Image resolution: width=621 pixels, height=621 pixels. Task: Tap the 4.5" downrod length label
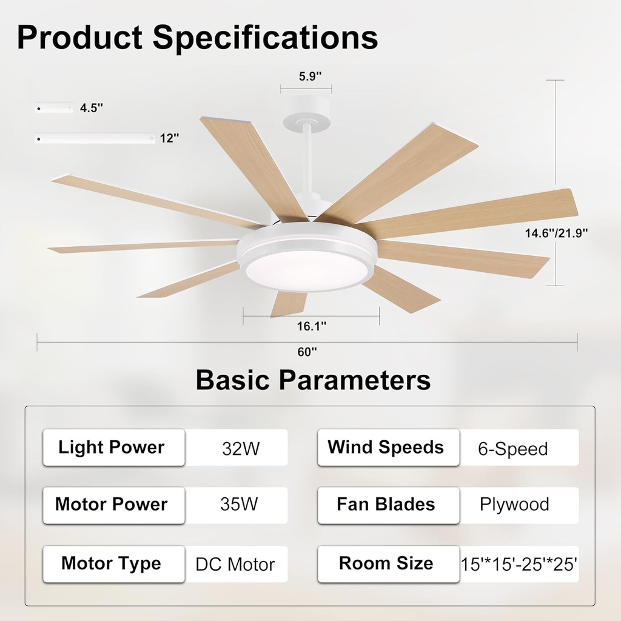pyautogui.click(x=92, y=109)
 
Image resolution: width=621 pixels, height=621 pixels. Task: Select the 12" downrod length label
pyautogui.click(x=170, y=138)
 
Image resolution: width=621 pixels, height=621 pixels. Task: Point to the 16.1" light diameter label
pyautogui.click(x=312, y=326)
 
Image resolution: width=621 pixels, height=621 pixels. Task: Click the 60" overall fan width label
pyautogui.click(x=307, y=351)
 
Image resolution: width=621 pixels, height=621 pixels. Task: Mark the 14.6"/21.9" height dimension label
pyautogui.click(x=557, y=232)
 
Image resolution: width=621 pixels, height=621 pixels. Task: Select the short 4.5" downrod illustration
pyautogui.click(x=54, y=108)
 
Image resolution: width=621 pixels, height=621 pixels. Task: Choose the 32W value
pyautogui.click(x=241, y=449)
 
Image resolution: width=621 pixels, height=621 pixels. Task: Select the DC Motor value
pyautogui.click(x=235, y=565)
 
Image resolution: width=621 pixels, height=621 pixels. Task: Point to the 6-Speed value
pyautogui.click(x=512, y=449)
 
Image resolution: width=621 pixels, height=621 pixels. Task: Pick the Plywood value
pyautogui.click(x=514, y=505)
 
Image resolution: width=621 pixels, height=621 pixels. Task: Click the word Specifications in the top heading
pyautogui.click(x=265, y=38)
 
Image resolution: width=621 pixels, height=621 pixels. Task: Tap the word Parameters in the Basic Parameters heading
pyautogui.click(x=355, y=380)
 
